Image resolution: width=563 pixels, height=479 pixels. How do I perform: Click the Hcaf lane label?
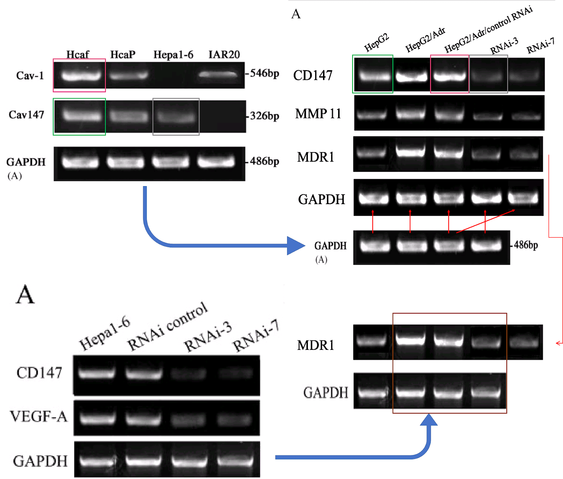[x=78, y=55]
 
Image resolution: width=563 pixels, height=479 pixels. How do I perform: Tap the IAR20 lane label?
[x=224, y=55]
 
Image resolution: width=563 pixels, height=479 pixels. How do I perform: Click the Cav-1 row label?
[x=30, y=75]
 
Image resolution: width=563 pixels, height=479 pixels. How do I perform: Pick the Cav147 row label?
[x=26, y=115]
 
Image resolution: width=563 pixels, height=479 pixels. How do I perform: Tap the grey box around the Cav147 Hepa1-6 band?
[x=176, y=116]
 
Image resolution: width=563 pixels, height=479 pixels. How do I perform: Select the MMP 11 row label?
[x=318, y=114]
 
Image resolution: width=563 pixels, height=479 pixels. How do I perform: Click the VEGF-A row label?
[x=38, y=416]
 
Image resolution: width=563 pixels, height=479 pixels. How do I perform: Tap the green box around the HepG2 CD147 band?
[x=373, y=74]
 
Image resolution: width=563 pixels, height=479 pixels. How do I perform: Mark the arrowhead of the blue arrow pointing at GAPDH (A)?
[x=296, y=245]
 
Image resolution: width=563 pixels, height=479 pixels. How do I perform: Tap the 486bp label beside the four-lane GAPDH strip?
[x=526, y=245]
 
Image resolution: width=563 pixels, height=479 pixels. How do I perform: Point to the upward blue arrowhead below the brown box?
[x=429, y=420]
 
